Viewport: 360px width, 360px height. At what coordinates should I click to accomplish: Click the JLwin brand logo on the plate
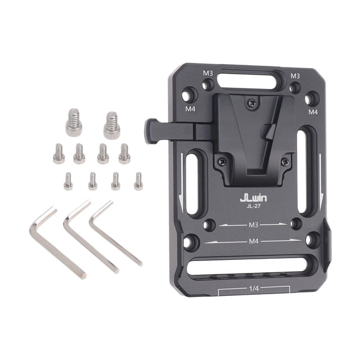254,198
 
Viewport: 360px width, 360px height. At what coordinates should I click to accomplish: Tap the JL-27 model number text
254,206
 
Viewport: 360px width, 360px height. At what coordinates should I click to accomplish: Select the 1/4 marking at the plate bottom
254,289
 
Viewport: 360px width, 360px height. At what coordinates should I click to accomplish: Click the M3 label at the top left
208,73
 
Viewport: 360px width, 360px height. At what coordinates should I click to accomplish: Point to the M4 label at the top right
313,112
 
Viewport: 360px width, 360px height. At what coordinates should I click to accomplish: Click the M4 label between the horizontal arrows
254,241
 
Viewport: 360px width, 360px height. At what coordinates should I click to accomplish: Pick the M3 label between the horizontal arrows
254,225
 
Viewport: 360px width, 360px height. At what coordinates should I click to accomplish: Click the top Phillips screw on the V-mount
252,103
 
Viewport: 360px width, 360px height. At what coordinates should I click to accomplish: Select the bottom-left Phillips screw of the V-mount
222,161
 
